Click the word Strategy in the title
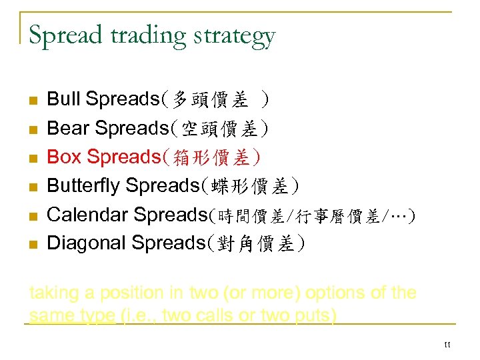[239, 36]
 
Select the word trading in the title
[149, 36]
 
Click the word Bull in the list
[64, 99]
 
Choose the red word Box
[63, 157]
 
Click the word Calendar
[88, 214]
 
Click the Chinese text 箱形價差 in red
[211, 158]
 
